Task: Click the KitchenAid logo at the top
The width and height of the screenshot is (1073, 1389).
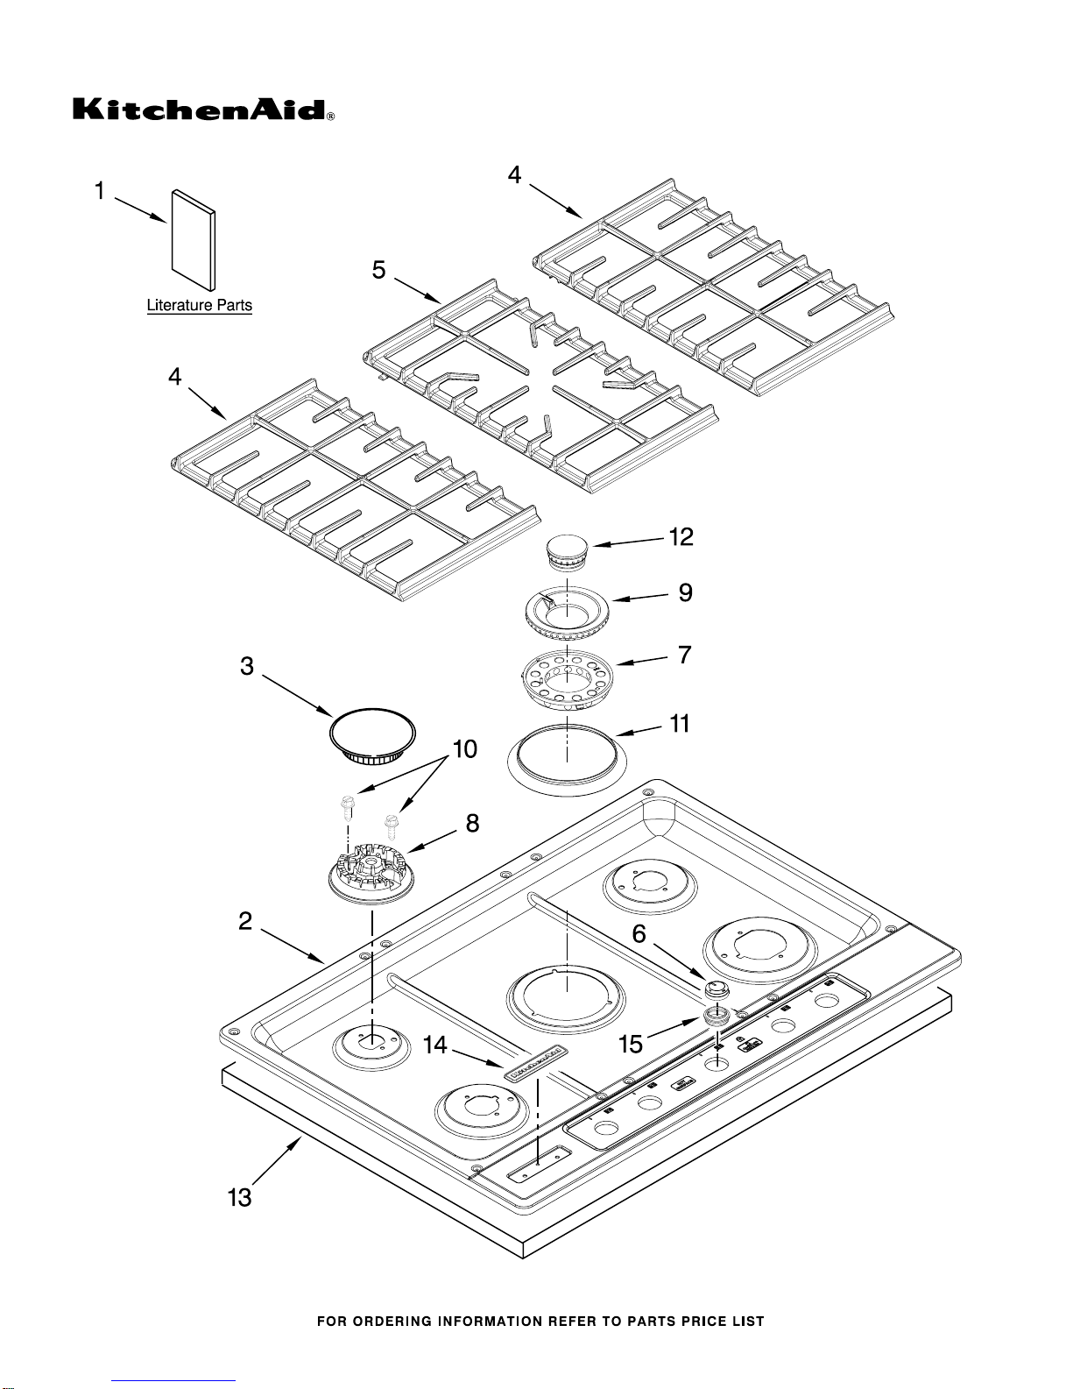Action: (202, 110)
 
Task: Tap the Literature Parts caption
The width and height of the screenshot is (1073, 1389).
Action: (199, 306)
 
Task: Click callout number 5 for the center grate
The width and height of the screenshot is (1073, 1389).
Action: (378, 270)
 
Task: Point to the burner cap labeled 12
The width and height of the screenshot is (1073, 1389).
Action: (566, 552)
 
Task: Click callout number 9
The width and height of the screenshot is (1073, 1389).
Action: (685, 593)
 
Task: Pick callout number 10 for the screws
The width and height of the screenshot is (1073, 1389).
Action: (464, 749)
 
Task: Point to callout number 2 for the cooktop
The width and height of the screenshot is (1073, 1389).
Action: (245, 921)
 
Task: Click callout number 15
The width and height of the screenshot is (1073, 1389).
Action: (631, 1044)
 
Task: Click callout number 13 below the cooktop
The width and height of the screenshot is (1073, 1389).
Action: (239, 1197)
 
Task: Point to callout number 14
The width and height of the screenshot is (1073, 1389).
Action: (435, 1045)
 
